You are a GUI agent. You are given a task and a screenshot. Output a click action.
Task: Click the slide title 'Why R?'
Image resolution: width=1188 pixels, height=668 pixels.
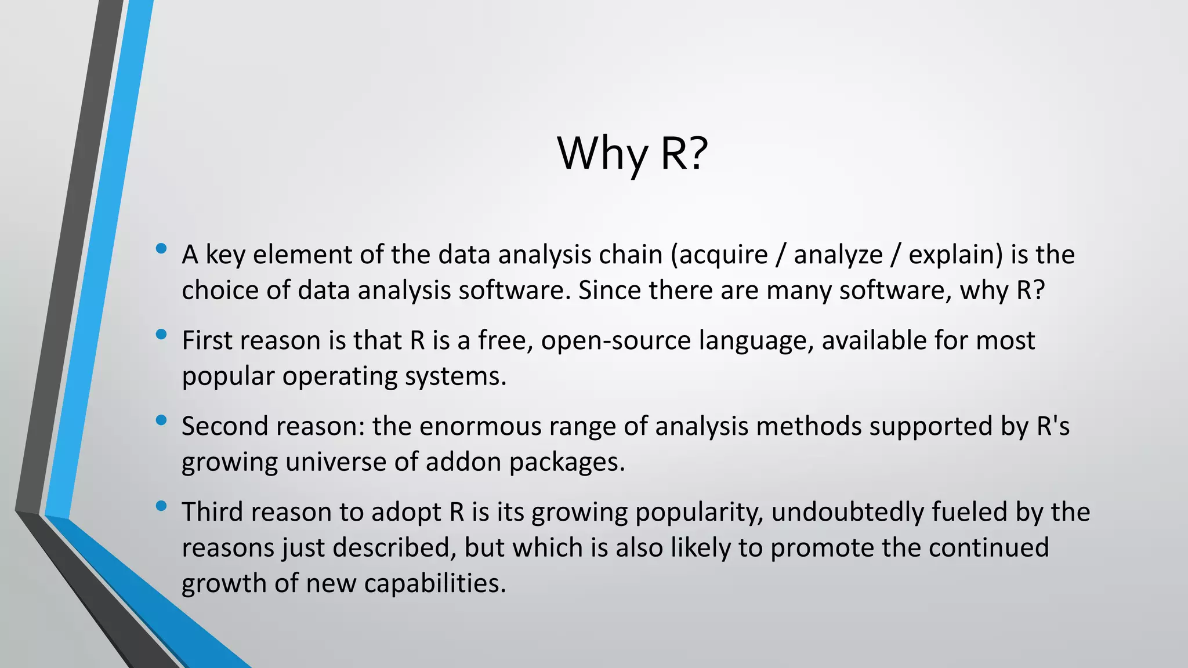pyautogui.click(x=632, y=153)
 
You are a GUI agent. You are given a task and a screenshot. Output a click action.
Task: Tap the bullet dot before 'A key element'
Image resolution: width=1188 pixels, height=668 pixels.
pyautogui.click(x=161, y=249)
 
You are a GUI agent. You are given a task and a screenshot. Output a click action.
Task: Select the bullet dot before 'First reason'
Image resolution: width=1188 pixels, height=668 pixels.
pyautogui.click(x=161, y=335)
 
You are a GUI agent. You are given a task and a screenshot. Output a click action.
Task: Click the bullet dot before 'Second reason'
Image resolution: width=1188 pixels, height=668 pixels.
pyautogui.click(x=161, y=420)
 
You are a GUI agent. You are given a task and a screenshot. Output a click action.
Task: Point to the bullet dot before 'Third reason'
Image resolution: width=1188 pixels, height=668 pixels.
pyautogui.click(x=161, y=506)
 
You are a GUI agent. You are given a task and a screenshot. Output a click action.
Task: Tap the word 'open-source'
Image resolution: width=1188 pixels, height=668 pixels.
pyautogui.click(x=615, y=341)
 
